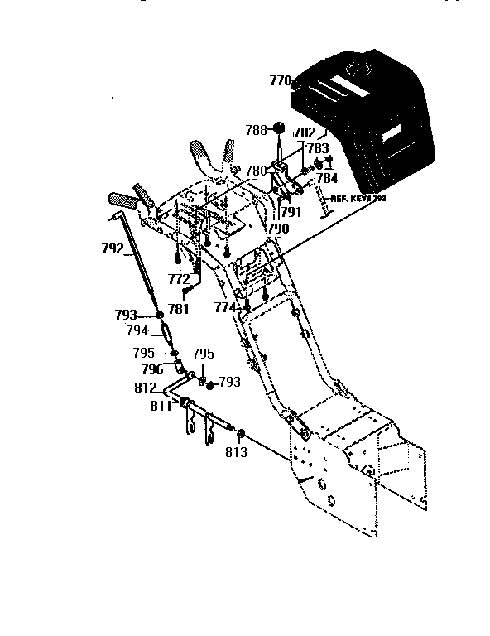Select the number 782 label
point(305,132)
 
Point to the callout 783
point(318,148)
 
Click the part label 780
point(256,171)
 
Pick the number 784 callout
point(328,177)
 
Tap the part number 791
point(291,211)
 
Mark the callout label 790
point(278,228)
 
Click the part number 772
point(179,280)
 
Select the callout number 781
point(179,309)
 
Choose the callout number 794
point(137,331)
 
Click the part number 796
point(151,369)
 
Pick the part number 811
point(161,406)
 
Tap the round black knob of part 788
point(280,128)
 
